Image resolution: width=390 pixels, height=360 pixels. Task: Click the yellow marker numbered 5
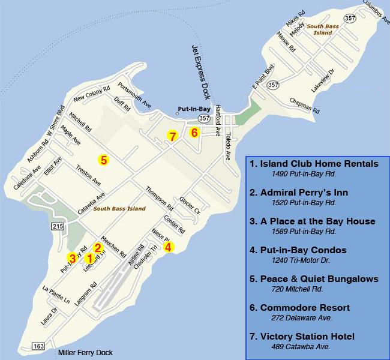click(103, 160)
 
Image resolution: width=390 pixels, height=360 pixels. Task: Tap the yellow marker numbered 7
click(172, 136)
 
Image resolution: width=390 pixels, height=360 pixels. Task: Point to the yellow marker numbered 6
click(194, 133)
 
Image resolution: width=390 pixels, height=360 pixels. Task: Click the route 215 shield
click(58, 226)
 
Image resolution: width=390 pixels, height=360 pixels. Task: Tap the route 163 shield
click(38, 346)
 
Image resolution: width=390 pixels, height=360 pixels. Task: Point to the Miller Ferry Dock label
click(85, 353)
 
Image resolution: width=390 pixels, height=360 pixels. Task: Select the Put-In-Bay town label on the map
click(193, 109)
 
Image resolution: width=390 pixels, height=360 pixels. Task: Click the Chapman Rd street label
click(304, 105)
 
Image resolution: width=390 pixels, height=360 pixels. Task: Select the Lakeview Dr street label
click(321, 79)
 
